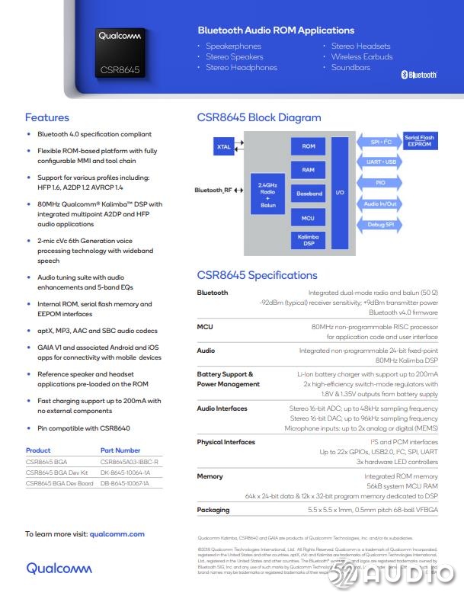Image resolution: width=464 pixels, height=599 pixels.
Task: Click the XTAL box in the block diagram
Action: (223, 147)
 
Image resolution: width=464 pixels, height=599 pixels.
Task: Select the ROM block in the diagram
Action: (309, 146)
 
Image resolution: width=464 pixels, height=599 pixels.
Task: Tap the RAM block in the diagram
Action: (309, 170)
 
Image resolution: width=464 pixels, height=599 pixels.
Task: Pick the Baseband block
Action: (309, 194)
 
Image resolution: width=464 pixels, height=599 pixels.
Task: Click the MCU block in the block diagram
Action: (309, 218)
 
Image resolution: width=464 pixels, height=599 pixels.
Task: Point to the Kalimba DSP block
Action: (309, 241)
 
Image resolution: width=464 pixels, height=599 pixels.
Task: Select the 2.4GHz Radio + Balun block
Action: (267, 194)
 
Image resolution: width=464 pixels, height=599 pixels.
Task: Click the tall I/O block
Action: (340, 193)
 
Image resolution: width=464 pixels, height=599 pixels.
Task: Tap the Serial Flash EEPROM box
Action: (419, 141)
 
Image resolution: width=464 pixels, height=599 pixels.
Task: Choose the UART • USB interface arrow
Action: (380, 162)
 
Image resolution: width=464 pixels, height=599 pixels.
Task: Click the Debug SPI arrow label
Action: (380, 225)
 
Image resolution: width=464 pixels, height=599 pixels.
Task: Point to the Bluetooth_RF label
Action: (213, 191)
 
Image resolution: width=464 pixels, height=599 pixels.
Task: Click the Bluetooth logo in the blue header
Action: (418, 75)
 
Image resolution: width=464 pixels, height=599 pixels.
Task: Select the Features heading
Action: (47, 117)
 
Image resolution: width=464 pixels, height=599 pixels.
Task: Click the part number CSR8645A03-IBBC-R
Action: (130, 462)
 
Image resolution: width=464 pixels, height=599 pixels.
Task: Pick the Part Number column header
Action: (120, 450)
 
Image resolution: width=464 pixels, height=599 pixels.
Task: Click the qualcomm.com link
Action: (117, 534)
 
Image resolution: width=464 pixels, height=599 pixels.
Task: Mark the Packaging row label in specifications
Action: (213, 510)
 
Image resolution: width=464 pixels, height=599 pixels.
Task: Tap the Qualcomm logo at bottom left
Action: (59, 568)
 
